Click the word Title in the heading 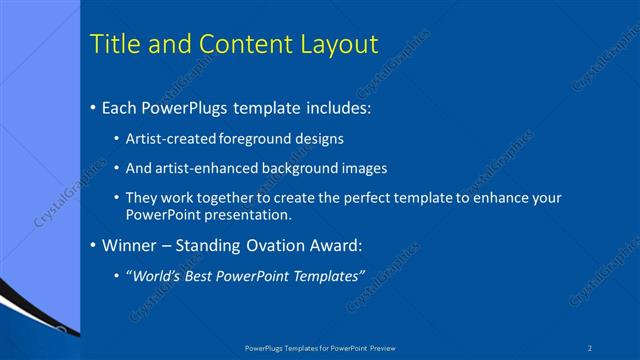115,45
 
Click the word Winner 128,245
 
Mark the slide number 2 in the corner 591,348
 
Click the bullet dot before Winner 93,246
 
